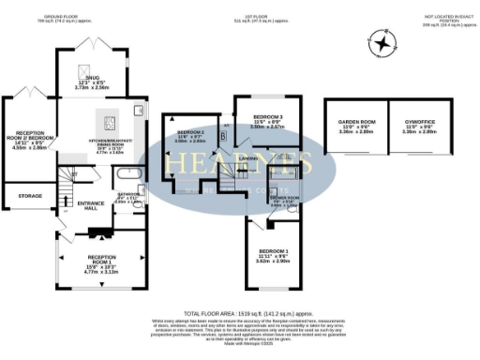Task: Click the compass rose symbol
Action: click(380, 43)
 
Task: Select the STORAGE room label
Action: click(31, 195)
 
